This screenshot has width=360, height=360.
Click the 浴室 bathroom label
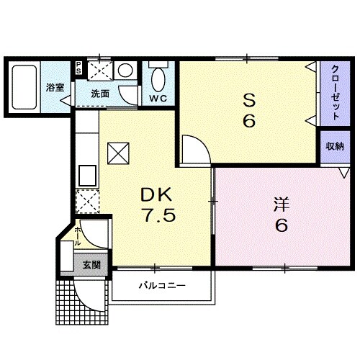[x=55, y=88]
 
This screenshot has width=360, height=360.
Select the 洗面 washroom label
[x=100, y=94]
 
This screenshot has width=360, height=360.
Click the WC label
[x=158, y=97]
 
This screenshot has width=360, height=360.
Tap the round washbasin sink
[x=125, y=71]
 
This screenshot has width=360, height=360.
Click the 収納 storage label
[x=334, y=147]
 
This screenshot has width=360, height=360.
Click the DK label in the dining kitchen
[x=156, y=194]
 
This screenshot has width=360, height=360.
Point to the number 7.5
[x=156, y=216]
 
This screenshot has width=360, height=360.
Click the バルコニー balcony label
[x=162, y=286]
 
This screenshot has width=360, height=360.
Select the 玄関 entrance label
[x=91, y=265]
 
